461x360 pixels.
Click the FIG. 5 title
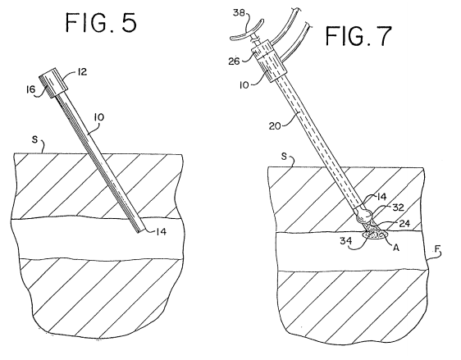coord(101,22)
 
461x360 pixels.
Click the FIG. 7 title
coord(358,35)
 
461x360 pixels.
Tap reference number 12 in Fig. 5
coord(82,72)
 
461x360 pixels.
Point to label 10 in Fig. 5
coord(99,117)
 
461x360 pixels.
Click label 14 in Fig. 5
coord(161,232)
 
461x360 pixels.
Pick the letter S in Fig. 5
coord(35,139)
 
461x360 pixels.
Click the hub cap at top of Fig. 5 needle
coord(54,83)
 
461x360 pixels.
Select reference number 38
coord(239,13)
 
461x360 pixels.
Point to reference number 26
coord(234,62)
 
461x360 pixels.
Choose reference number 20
coord(275,126)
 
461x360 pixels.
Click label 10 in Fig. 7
coord(244,85)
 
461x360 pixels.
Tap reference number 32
coord(399,207)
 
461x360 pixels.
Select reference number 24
coord(404,224)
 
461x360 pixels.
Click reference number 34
coord(346,241)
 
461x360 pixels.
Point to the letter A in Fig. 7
coord(396,248)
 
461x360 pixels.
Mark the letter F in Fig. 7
coord(438,250)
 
